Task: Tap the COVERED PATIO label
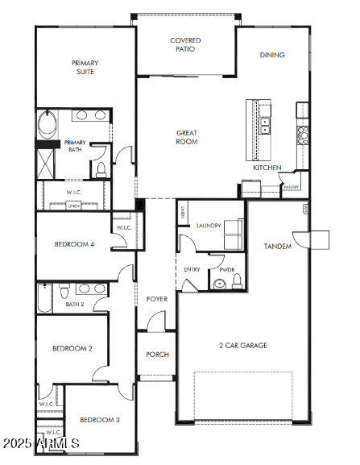[185, 44]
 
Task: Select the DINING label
[271, 56]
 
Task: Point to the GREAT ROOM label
[187, 137]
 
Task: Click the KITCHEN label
[267, 168]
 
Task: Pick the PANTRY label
[291, 187]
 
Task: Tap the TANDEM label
[278, 246]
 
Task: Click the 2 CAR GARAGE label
[243, 346]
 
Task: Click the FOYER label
[156, 299]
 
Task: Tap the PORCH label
[156, 355]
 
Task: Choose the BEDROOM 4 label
[74, 244]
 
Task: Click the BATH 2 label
[76, 304]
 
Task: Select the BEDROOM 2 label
[72, 348]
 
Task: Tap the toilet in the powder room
[236, 280]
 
